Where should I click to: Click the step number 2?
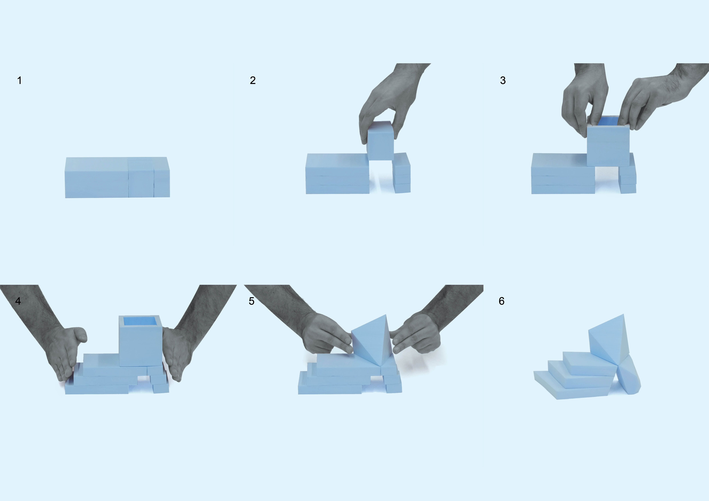[253, 81]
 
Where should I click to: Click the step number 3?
[503, 81]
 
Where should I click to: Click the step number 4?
[18, 301]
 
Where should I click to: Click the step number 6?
[501, 301]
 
